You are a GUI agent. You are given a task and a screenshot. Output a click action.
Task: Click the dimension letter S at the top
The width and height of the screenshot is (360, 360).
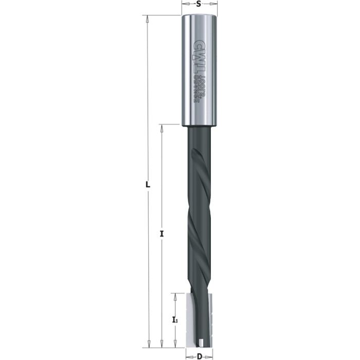[199, 4]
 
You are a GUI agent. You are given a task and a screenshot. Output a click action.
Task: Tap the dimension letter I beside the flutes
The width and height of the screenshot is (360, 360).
[162, 234]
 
